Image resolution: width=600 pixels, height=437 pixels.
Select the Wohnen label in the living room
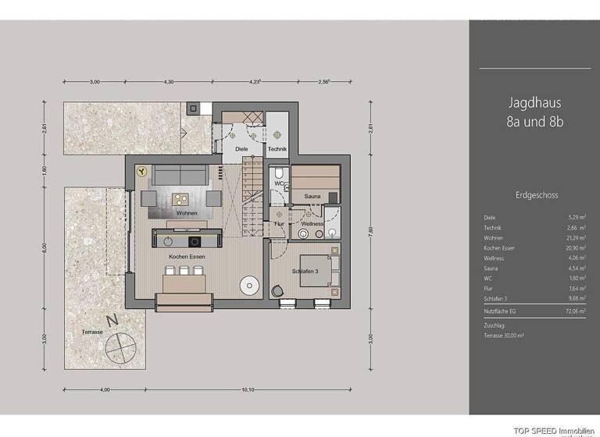tap(186, 213)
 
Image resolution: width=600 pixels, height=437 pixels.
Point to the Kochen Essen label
tap(185, 256)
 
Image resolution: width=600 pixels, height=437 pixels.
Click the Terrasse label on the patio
tap(92, 332)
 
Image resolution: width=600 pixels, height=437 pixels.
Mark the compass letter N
tap(114, 319)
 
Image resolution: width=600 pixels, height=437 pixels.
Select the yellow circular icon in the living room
tap(141, 169)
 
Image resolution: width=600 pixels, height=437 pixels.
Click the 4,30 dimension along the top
tap(168, 80)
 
